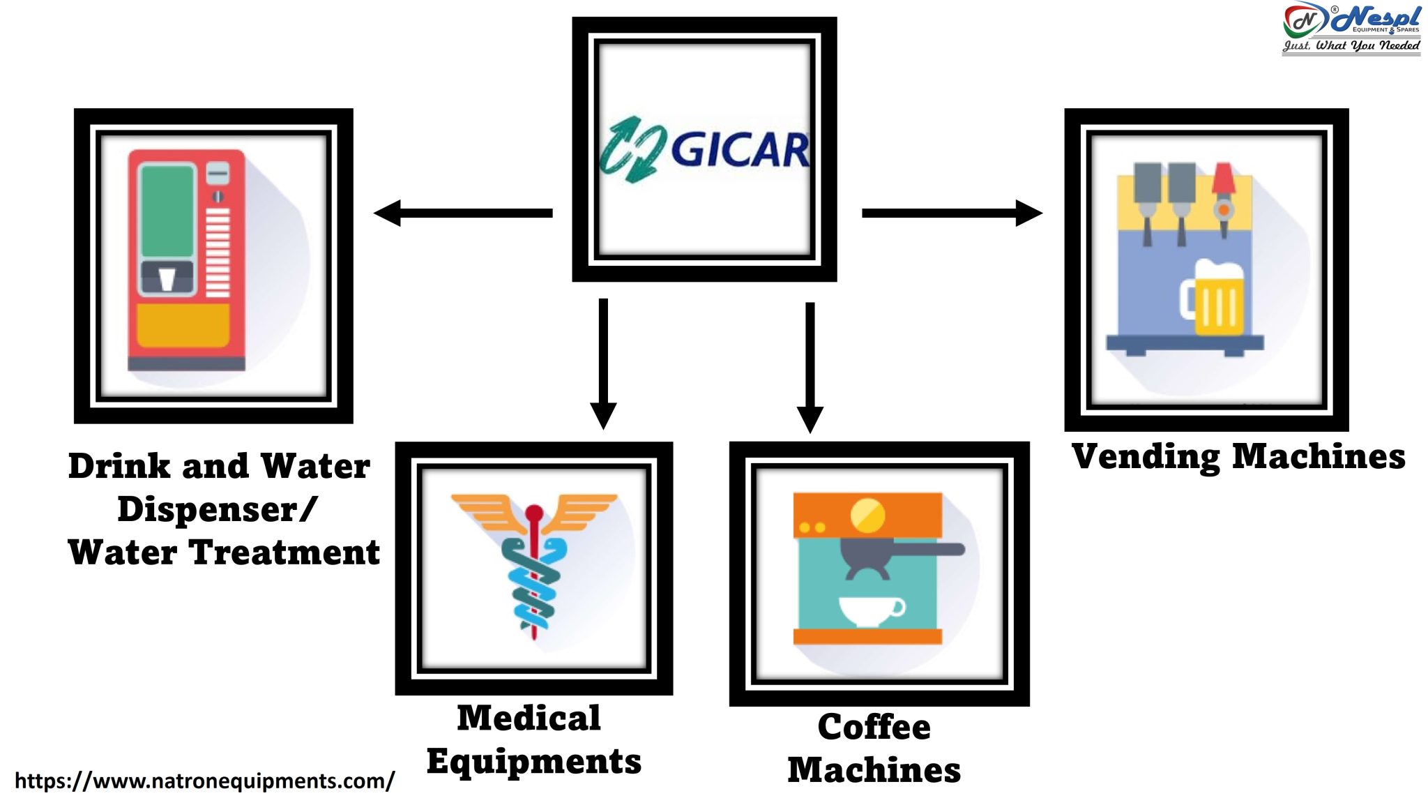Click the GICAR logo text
tap(739, 150)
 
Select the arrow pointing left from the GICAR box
tap(464, 213)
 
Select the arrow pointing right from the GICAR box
tap(952, 213)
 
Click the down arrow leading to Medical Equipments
tap(603, 363)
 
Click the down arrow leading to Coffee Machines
tap(810, 366)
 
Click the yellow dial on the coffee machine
tap(867, 516)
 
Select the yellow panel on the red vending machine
tap(183, 325)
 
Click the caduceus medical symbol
tap(534, 565)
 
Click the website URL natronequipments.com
tap(204, 781)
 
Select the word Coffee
tap(874, 727)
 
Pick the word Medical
tap(529, 718)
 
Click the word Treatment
tap(284, 552)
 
